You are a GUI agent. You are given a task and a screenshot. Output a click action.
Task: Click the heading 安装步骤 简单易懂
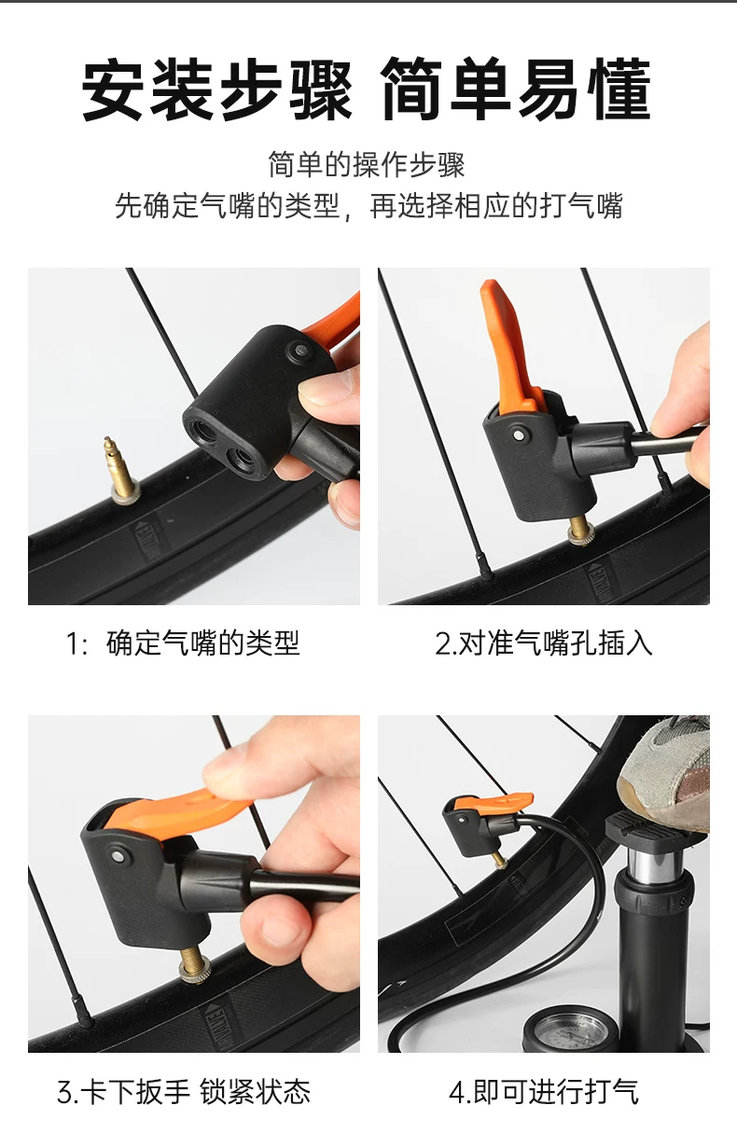pyautogui.click(x=367, y=90)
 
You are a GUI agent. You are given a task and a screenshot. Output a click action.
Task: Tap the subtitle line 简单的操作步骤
pyautogui.click(x=367, y=164)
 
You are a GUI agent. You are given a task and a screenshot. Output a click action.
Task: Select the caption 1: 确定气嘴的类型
pyautogui.click(x=183, y=643)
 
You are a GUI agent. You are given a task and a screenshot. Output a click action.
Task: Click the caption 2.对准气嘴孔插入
pyautogui.click(x=543, y=643)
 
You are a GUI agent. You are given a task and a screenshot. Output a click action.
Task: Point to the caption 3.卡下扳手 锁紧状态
pyautogui.click(x=184, y=1092)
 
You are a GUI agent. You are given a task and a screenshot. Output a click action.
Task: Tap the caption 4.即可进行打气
pyautogui.click(x=544, y=1092)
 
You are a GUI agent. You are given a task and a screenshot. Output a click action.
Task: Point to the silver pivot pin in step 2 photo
pyautogui.click(x=519, y=435)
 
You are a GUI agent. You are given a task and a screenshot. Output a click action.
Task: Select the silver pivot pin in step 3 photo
pyautogui.click(x=118, y=856)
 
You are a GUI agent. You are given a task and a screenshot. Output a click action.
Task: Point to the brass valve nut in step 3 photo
pyautogui.click(x=195, y=972)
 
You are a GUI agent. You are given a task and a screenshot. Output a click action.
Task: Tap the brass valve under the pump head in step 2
pyautogui.click(x=582, y=530)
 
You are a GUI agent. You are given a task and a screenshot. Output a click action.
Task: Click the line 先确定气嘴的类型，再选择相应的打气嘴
pyautogui.click(x=368, y=206)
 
